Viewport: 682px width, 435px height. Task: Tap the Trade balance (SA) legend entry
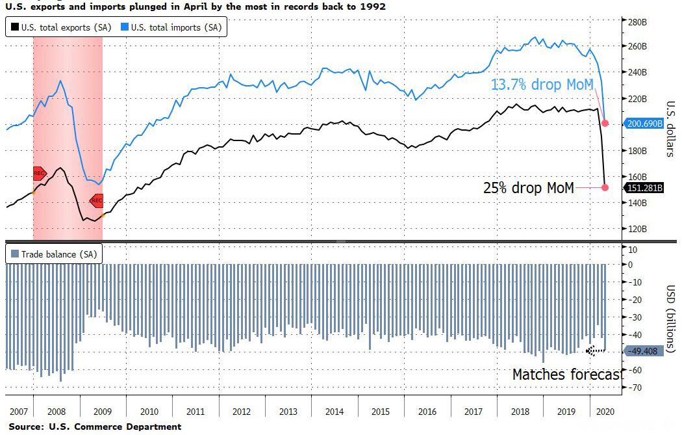pos(54,254)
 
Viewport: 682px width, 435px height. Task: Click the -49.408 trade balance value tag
pos(643,351)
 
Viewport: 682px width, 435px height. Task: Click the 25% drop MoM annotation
pos(528,188)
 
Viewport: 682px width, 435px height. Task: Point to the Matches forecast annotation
pos(567,375)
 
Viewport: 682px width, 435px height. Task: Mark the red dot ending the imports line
pos(605,123)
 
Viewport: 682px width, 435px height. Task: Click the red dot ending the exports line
pos(605,187)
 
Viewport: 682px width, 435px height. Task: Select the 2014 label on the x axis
pos(334,412)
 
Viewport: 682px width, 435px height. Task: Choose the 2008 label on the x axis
pos(56,412)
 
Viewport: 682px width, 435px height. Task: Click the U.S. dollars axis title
pos(670,129)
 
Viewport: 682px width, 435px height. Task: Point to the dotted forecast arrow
pos(595,350)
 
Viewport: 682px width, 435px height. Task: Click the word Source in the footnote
pos(25,427)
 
